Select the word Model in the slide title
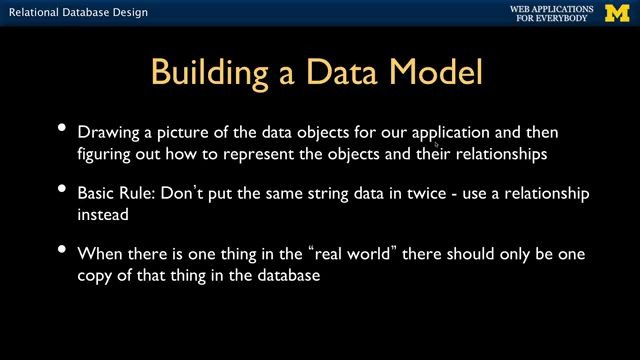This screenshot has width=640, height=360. point(435,73)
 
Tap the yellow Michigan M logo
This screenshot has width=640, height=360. point(615,13)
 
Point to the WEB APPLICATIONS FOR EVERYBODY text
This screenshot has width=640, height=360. point(551,13)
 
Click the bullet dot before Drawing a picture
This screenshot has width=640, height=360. point(62,128)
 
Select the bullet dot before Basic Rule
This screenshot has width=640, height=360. point(62,189)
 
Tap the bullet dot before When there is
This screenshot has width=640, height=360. point(62,250)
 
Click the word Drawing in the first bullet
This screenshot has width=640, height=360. point(106,132)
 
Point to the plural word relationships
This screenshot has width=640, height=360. point(500,155)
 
